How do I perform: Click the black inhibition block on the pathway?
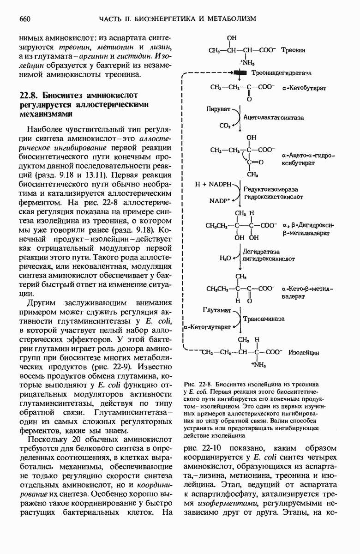pos(240,73)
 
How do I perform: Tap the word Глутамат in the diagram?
pos(217,311)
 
